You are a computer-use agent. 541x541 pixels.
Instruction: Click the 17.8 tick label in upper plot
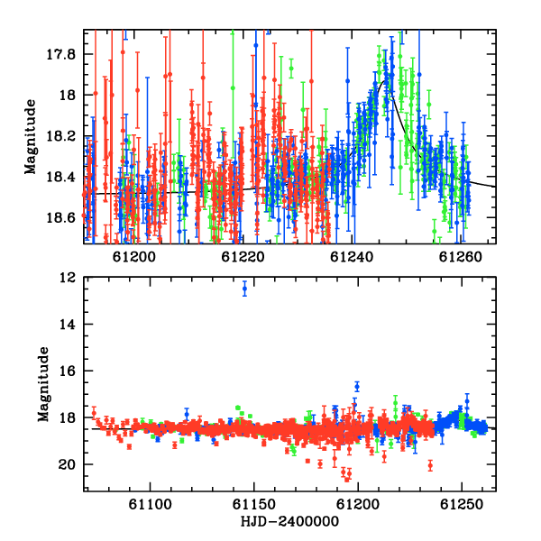60,54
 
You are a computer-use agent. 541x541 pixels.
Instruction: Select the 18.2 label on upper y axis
60,136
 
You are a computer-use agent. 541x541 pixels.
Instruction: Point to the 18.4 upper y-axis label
60,177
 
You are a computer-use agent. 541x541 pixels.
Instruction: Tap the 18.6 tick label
60,218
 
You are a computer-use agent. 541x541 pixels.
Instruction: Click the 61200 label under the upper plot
134,257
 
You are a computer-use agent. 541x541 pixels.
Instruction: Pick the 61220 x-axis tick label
243,257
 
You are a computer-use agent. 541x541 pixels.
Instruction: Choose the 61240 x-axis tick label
352,257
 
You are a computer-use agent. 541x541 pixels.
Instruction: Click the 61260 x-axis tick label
461,257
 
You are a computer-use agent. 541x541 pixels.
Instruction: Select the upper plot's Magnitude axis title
31,137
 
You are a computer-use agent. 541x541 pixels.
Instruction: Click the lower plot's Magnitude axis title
43,384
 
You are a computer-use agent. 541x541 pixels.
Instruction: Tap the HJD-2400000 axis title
289,521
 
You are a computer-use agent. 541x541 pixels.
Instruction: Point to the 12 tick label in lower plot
68,278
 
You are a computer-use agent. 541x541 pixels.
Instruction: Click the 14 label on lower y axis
68,325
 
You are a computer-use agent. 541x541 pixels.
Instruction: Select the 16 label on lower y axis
68,371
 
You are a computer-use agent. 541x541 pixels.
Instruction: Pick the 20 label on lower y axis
68,464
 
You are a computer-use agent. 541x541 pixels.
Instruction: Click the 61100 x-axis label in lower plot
150,504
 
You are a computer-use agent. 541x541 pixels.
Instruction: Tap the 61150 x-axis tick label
254,504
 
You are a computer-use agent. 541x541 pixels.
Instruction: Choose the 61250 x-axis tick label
462,504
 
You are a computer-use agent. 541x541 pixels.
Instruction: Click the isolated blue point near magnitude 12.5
244,289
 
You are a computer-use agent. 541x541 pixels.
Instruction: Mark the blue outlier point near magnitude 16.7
357,387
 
